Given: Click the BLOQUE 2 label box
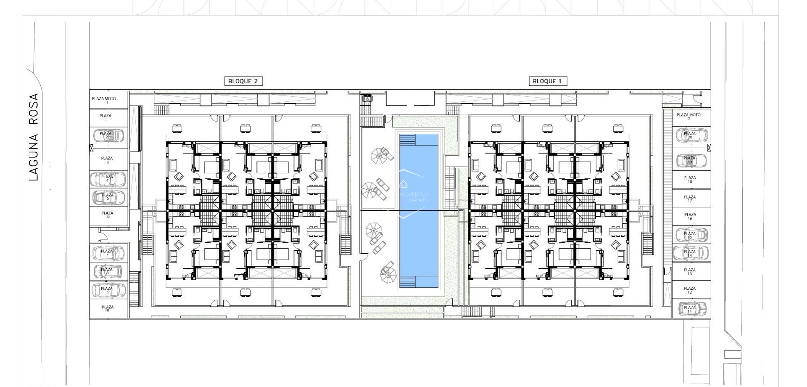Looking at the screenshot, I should point(243,81).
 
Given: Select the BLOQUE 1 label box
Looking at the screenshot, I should point(547,81).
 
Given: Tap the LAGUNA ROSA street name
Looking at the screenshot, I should point(34,137).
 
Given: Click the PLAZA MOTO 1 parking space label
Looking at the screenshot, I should point(104,100).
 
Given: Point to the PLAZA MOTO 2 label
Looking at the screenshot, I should point(688,117).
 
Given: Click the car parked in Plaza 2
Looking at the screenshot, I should point(108,135).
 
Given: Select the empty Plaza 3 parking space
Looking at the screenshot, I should point(107,160).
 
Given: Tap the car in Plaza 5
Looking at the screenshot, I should point(108,197).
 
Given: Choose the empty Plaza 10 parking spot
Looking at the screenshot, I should point(108,308).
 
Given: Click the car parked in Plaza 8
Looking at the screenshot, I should point(108,271).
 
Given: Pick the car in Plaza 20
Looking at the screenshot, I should point(691,135).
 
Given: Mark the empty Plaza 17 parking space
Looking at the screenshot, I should point(690,199).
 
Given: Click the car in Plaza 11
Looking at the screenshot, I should point(690,309).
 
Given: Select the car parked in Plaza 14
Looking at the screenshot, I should point(690,253).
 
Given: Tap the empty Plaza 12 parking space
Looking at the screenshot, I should point(690,290).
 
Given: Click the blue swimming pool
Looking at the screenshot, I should point(419,210).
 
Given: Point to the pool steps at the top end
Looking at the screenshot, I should point(407,140).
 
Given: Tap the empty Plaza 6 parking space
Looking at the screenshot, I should point(108,215).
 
